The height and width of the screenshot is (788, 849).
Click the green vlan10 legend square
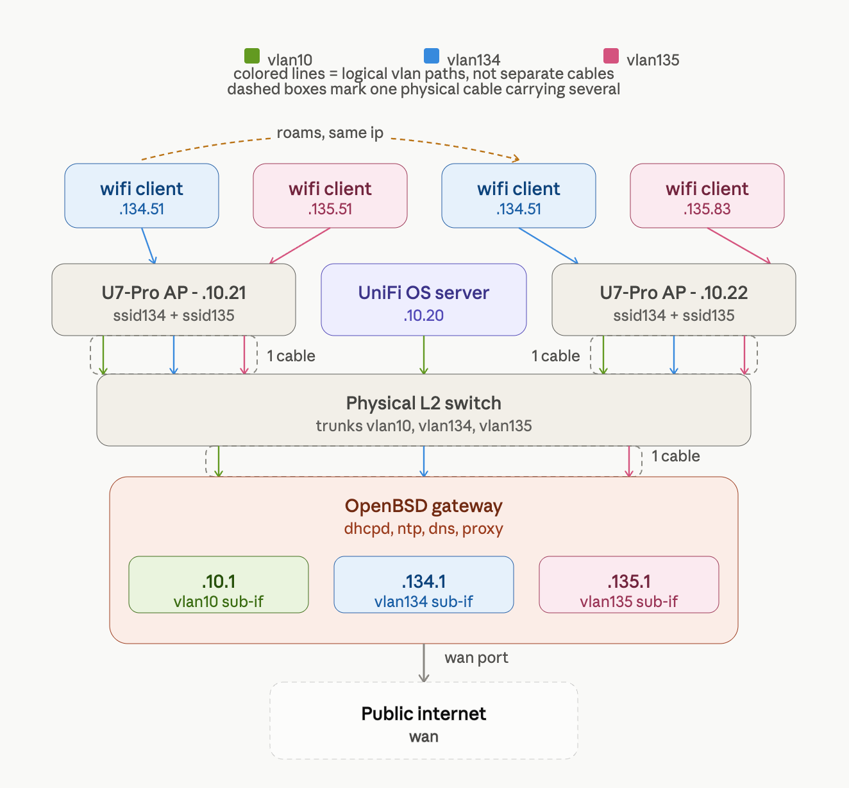click(252, 56)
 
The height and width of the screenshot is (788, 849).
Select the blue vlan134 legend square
click(432, 56)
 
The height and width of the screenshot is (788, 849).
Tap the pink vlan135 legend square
click(611, 56)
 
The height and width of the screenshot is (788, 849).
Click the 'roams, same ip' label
click(330, 133)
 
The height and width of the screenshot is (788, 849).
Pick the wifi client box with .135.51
click(330, 196)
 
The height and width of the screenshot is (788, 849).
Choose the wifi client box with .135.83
click(707, 196)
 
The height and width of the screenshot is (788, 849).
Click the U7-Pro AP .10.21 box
click(174, 300)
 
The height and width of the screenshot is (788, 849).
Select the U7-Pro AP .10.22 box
click(674, 300)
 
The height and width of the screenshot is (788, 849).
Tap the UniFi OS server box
click(424, 300)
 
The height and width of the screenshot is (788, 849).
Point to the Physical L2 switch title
click(424, 403)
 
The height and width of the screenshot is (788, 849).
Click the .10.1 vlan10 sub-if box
click(219, 585)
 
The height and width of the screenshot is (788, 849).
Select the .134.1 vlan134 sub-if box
click(424, 585)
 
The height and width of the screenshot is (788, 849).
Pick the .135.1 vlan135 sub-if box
click(629, 585)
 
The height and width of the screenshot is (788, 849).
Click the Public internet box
click(424, 721)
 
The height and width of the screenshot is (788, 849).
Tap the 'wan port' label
click(476, 658)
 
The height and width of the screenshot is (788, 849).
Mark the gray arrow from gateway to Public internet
click(424, 663)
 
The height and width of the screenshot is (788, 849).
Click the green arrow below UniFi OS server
click(424, 355)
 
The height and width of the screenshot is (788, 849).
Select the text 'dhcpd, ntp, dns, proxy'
click(424, 529)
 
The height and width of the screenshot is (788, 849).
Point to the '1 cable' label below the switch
click(675, 456)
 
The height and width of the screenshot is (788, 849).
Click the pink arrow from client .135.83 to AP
click(739, 246)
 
